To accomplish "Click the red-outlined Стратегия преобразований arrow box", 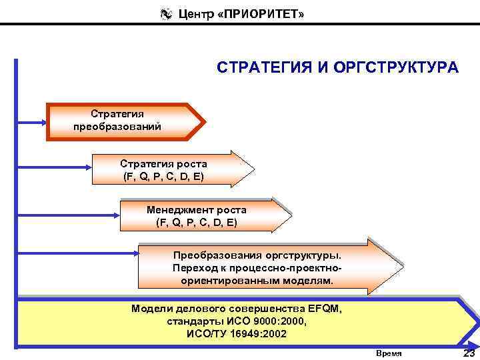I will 123,121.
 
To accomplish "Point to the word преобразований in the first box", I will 117,127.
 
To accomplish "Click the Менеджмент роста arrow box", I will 203,215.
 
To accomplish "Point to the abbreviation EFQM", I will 324,309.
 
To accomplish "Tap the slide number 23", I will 469,352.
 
